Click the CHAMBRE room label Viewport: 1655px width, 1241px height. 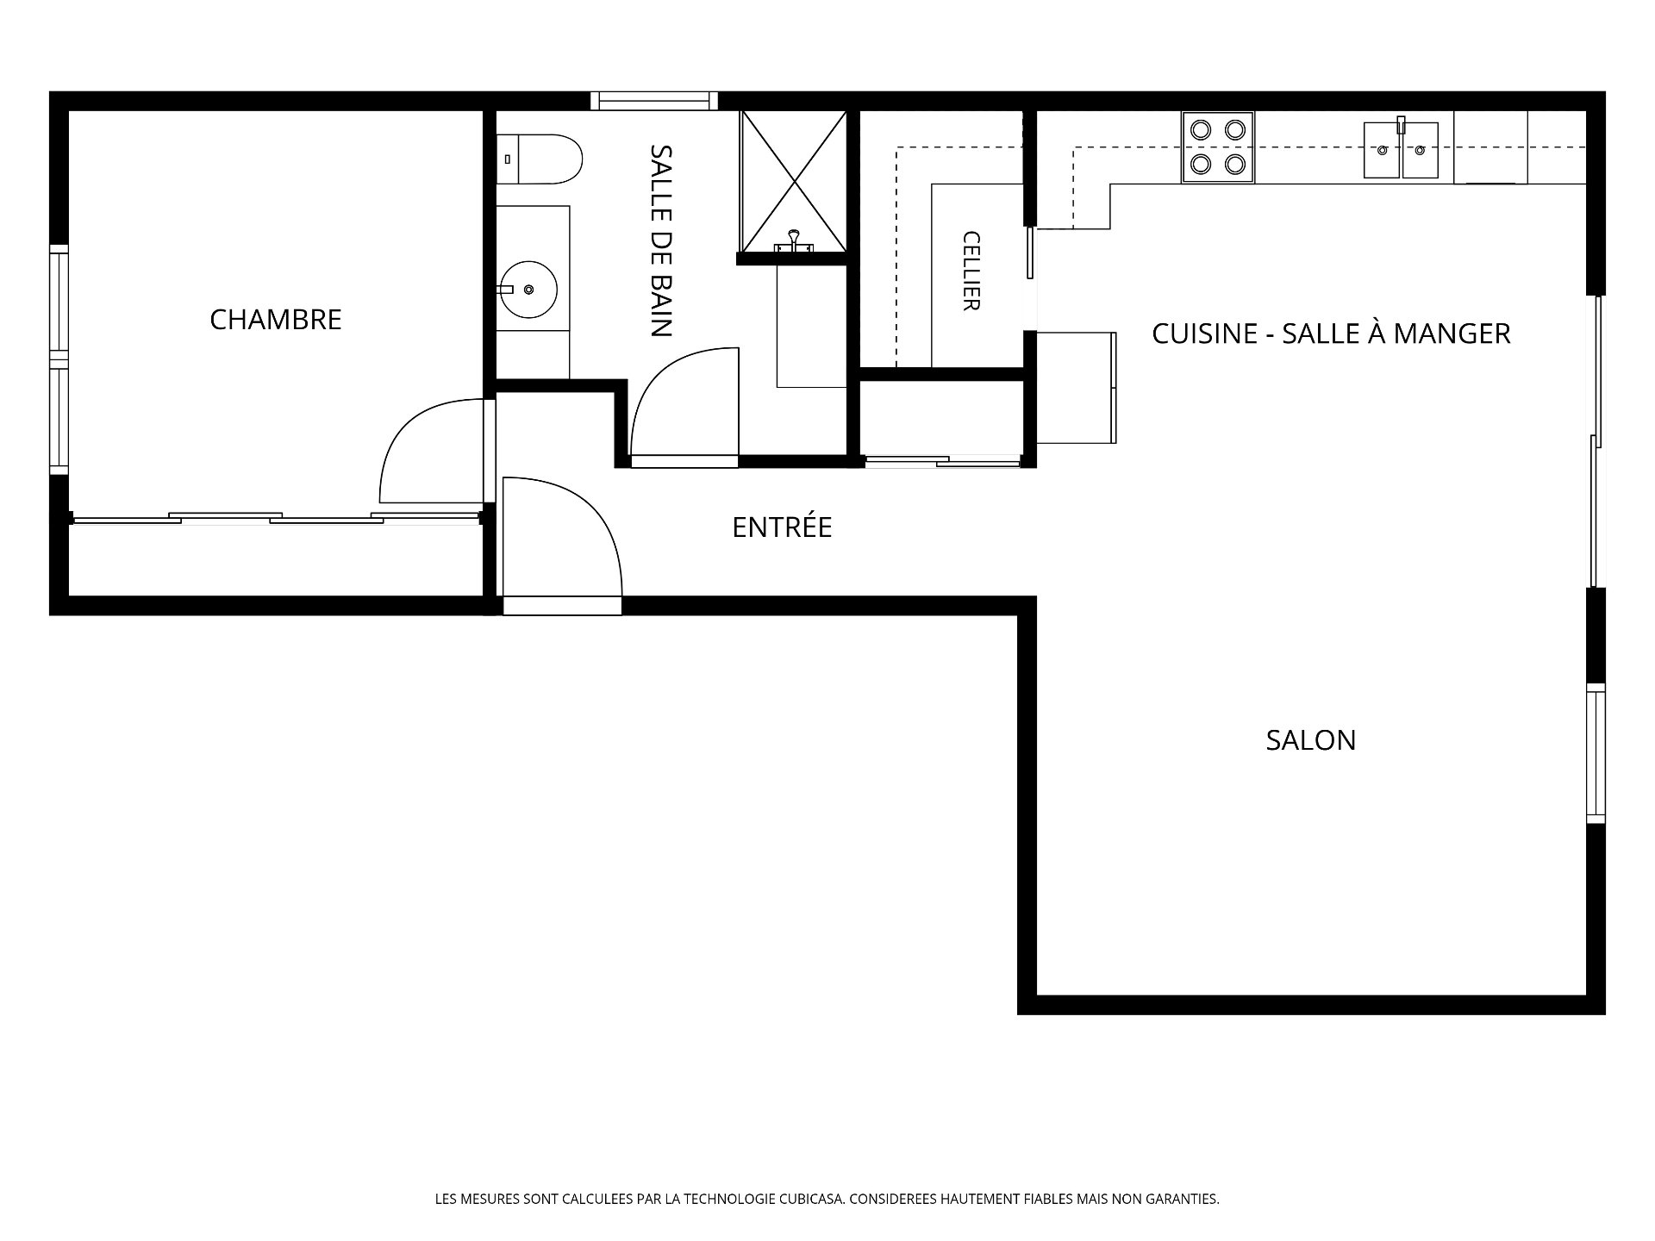point(276,320)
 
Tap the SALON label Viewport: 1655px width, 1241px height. point(1310,740)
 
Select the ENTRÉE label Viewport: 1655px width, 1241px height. point(782,527)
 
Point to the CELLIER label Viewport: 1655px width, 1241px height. point(971,271)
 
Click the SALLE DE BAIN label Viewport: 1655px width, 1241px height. point(661,240)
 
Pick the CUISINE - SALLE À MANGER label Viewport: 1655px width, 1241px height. point(1331,334)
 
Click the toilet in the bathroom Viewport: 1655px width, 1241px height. point(540,159)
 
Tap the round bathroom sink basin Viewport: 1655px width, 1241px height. point(528,290)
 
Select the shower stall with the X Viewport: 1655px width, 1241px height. point(794,182)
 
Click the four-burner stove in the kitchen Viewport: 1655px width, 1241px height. point(1218,147)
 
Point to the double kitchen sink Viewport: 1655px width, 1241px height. point(1401,150)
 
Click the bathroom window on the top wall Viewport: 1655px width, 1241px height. point(654,101)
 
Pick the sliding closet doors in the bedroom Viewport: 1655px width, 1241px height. point(276,518)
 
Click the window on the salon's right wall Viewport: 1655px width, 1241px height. point(1596,753)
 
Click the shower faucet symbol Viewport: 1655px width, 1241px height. point(794,243)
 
